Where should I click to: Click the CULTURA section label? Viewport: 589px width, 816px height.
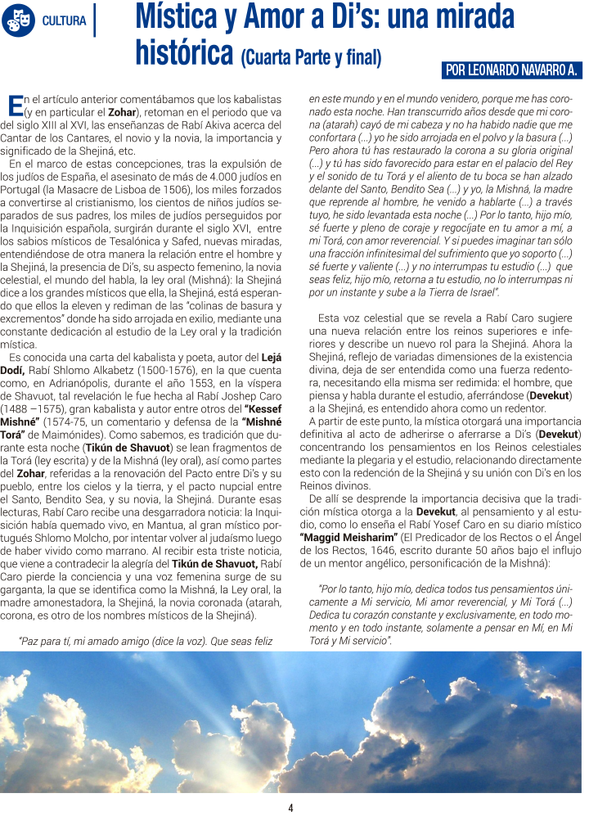pyautogui.click(x=64, y=20)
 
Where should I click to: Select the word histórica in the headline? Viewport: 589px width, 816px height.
pyautogui.click(x=185, y=53)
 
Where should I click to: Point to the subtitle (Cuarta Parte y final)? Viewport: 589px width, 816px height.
pyautogui.click(x=312, y=57)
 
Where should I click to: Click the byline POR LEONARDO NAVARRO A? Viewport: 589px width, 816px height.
pyautogui.click(x=511, y=71)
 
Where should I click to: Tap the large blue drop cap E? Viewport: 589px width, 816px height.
pyautogui.click(x=14, y=104)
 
